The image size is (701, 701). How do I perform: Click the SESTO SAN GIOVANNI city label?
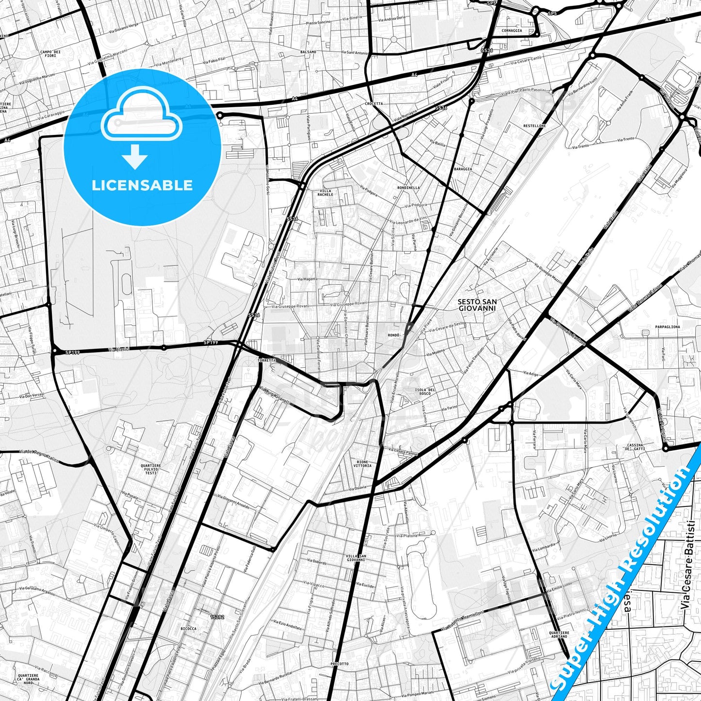coord(477,305)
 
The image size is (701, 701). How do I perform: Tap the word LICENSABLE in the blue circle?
coord(142,185)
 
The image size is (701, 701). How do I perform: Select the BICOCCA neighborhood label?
coord(188,628)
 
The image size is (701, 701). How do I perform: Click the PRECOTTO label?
coord(339,664)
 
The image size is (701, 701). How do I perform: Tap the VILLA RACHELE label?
coord(326,193)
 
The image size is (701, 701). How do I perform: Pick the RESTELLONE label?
coord(535,126)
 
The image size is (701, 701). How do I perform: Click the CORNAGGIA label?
coord(512,31)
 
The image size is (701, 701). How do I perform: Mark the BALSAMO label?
coord(308,52)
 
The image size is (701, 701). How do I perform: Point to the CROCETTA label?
coord(374,104)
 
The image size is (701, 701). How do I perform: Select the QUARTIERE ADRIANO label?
coord(559,635)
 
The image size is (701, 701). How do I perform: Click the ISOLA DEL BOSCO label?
coord(425,391)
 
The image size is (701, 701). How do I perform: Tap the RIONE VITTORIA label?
coord(362,464)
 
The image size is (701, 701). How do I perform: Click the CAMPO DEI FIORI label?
coord(50,53)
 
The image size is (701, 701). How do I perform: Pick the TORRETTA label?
coord(267,360)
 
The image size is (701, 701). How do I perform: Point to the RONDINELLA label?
coord(408,188)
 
